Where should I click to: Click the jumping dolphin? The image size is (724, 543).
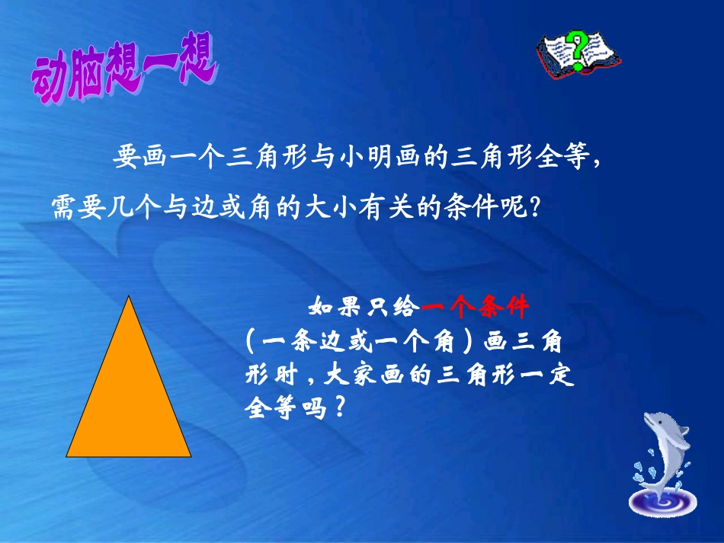coord(662,449)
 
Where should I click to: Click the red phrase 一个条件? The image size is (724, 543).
coord(475,308)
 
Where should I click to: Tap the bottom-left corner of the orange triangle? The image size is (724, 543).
coord(68,455)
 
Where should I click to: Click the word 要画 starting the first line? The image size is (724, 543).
coord(138,158)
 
